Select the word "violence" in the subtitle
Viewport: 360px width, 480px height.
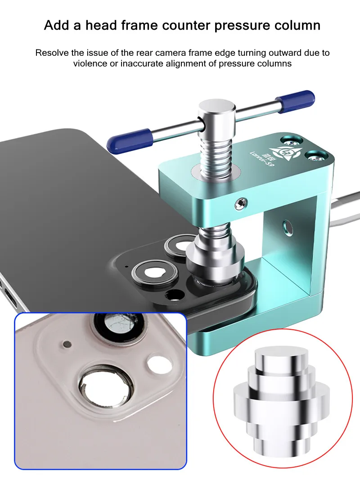(x=92, y=64)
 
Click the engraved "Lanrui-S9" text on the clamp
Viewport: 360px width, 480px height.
(x=261, y=159)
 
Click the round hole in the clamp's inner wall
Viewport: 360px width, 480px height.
(x=288, y=226)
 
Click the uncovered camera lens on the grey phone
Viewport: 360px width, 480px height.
(x=155, y=272)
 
